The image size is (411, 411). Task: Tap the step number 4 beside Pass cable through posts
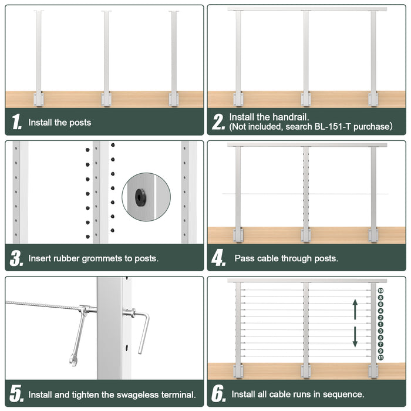(x=218, y=258)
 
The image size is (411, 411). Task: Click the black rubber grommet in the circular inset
(x=140, y=198)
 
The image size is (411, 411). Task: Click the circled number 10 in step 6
(x=380, y=291)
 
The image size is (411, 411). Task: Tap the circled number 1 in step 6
(x=380, y=324)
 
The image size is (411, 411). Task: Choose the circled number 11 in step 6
(x=380, y=357)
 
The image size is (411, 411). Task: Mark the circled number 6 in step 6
(x=380, y=304)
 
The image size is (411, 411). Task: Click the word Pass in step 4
(x=244, y=258)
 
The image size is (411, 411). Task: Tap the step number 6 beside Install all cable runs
(x=218, y=394)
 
